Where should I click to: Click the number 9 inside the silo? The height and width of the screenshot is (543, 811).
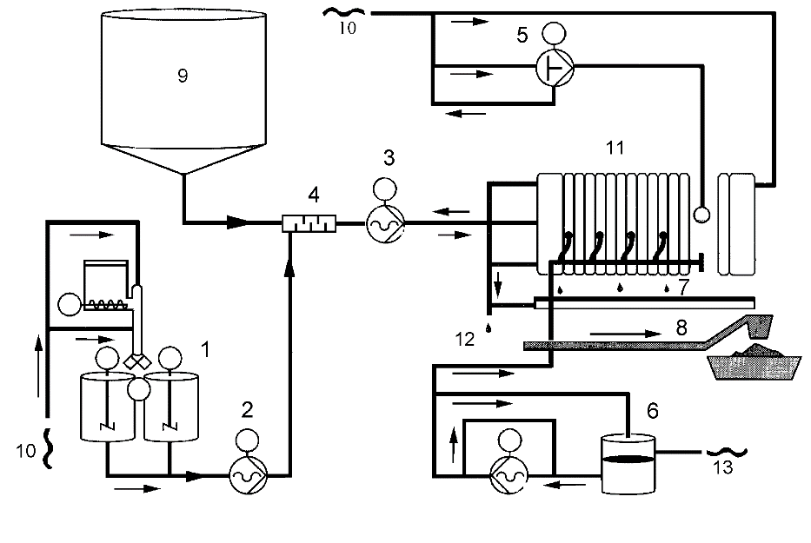click(183, 76)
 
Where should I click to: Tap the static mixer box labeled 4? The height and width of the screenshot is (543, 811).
click(309, 223)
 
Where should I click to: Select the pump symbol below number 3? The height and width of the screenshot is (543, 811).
click(385, 223)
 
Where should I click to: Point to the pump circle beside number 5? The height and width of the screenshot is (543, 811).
click(554, 67)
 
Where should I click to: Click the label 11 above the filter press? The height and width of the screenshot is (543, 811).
click(615, 148)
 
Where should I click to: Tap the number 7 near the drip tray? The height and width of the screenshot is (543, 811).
click(684, 287)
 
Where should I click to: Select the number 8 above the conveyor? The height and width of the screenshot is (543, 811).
click(681, 328)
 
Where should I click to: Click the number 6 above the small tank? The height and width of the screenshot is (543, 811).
click(653, 411)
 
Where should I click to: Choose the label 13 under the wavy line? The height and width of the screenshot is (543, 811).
click(723, 467)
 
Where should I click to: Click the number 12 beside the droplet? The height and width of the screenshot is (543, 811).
click(465, 339)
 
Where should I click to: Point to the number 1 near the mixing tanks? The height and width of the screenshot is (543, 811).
click(205, 349)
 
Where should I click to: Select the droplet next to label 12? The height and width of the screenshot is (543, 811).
click(489, 328)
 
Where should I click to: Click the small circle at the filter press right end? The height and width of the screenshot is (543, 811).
click(701, 214)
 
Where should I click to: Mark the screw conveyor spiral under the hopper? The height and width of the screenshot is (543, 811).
click(108, 305)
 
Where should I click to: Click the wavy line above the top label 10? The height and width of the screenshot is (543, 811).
click(344, 12)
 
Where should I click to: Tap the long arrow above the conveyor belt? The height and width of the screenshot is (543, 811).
click(626, 334)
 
